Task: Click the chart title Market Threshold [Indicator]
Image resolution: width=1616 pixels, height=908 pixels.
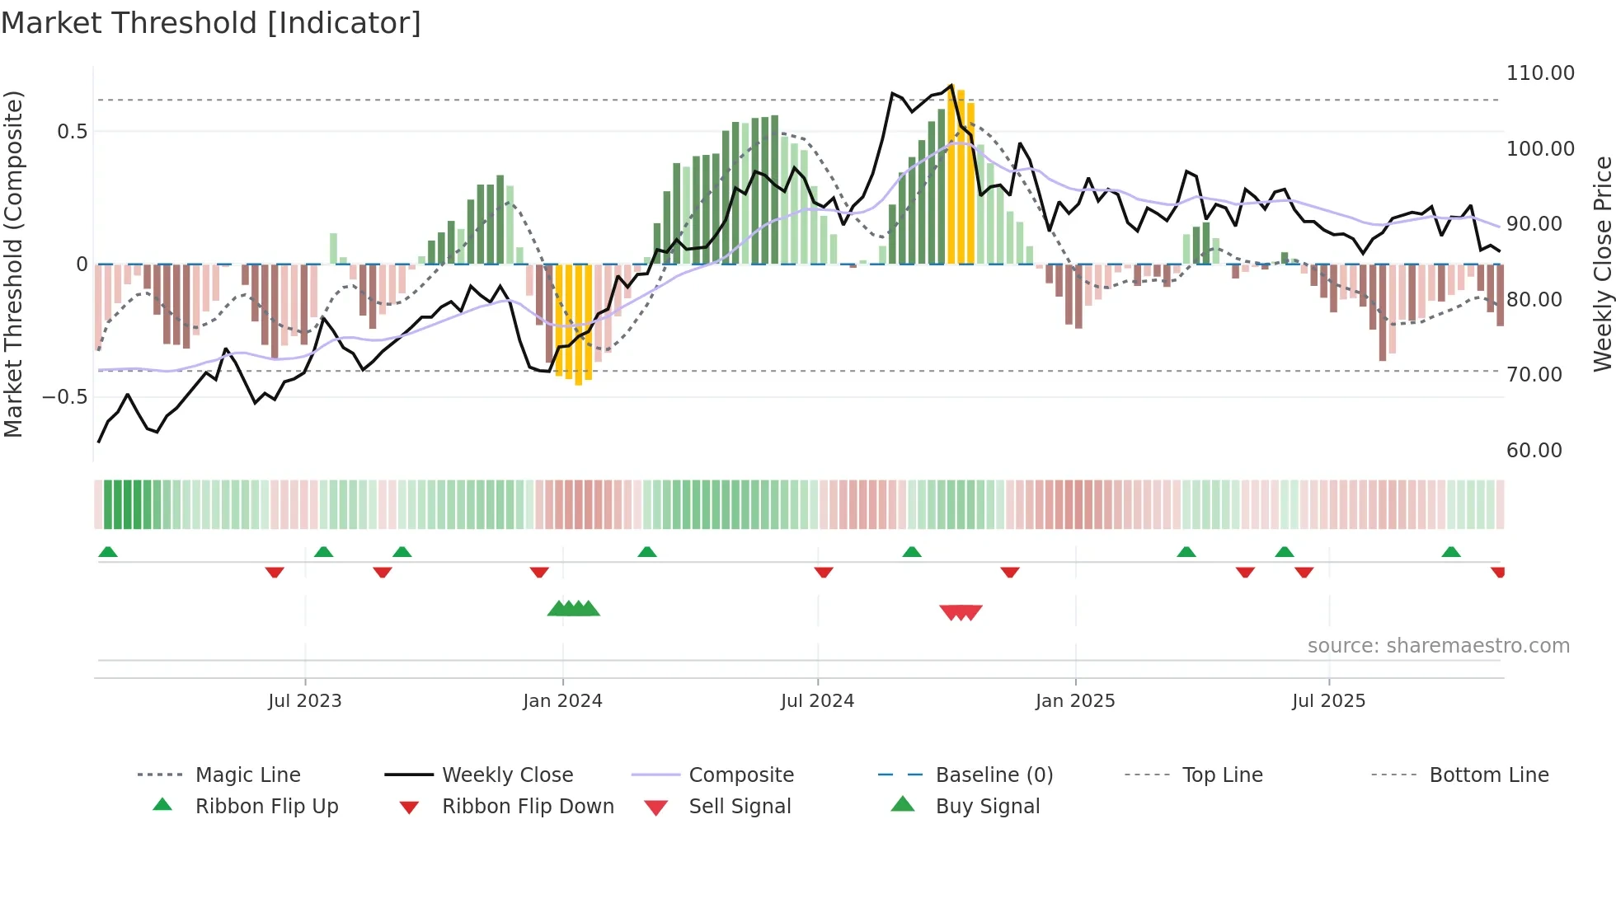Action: tap(211, 23)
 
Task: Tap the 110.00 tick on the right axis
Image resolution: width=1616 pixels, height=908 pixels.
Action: tap(1540, 73)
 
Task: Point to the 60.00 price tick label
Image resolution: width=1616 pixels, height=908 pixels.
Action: tap(1534, 451)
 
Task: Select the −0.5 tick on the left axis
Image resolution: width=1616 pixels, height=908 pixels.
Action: tap(64, 397)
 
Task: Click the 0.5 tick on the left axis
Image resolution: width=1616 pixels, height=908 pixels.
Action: tap(72, 132)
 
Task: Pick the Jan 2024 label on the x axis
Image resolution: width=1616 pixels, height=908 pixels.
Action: tap(562, 701)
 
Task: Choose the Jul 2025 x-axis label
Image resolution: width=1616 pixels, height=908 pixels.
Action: tap(1328, 701)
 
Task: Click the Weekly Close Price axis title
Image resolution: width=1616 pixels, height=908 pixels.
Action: tap(1602, 264)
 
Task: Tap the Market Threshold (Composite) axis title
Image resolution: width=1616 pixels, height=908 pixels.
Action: tap(13, 264)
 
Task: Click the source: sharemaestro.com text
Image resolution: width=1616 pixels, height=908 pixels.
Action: tap(1438, 646)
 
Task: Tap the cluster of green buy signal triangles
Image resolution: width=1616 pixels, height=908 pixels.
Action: tap(574, 610)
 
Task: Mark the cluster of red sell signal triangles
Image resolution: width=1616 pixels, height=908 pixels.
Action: tap(961, 612)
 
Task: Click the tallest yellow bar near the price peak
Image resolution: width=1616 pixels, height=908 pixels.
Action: tap(961, 177)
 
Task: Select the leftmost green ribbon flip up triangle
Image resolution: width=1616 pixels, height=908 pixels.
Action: tap(108, 552)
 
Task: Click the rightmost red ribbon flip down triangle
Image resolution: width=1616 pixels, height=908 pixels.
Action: tap(1498, 572)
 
